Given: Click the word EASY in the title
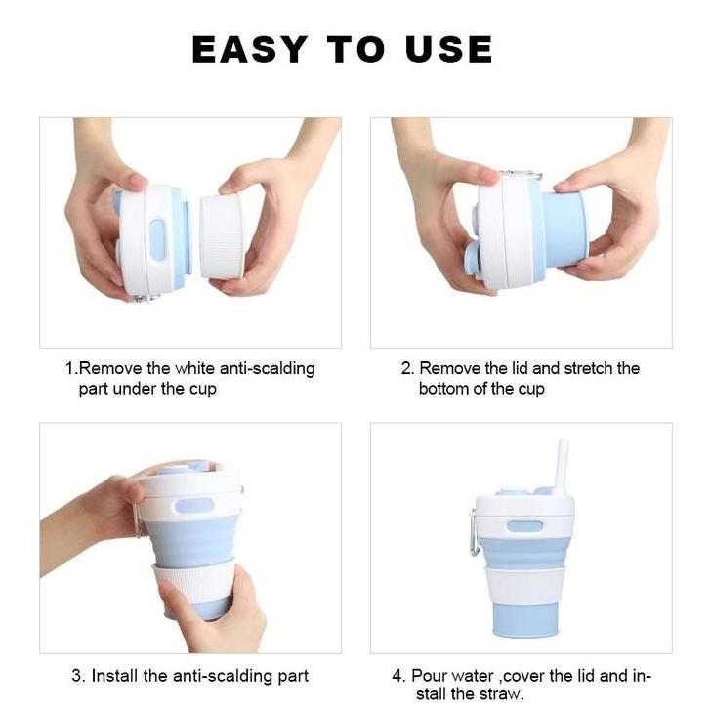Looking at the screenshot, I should [x=249, y=49].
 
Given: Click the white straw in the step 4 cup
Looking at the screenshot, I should [x=564, y=466].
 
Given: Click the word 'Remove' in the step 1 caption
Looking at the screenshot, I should [x=109, y=369].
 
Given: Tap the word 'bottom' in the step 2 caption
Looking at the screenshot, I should [x=444, y=389].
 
